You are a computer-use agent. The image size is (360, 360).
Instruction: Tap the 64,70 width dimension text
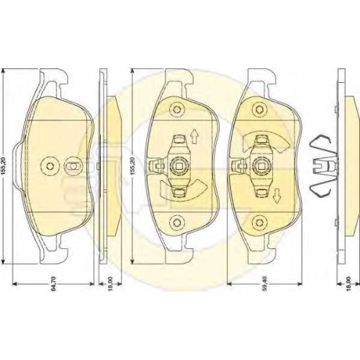pos(53,284)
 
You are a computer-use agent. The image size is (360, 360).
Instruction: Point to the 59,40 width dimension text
pos(265,284)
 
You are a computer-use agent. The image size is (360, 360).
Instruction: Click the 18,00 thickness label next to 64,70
pos(110,284)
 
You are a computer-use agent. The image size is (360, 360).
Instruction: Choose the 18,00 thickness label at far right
pos(348,284)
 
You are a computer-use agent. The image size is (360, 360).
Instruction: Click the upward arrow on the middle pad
pos(194,136)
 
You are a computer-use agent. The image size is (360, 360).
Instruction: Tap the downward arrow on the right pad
pos(277,196)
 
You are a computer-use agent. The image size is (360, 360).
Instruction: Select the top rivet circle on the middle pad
pos(177,109)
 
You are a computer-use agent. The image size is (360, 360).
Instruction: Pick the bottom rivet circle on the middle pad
pos(177,222)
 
